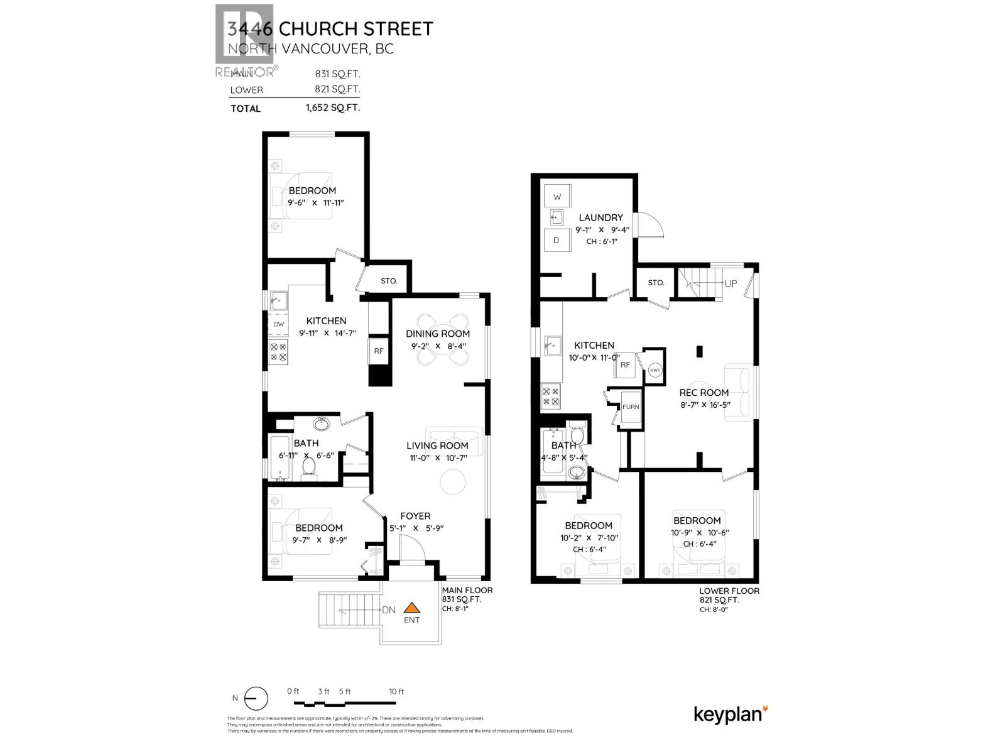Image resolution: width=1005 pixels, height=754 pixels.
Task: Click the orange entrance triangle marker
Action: tap(411, 608)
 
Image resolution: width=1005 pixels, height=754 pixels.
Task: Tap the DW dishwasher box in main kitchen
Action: tap(279, 324)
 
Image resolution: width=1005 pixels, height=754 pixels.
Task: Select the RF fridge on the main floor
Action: tap(379, 351)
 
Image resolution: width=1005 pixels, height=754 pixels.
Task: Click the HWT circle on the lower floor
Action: tap(655, 371)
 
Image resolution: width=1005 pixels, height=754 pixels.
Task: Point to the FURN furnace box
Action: tap(631, 407)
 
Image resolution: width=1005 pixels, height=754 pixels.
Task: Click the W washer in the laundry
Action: tap(557, 197)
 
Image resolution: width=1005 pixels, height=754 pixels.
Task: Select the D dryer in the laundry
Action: tap(557, 240)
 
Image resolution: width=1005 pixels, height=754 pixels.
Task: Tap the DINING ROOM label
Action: tap(437, 334)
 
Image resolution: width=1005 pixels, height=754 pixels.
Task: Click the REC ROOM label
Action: tap(703, 393)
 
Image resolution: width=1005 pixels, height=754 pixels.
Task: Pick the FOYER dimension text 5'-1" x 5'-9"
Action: tap(415, 528)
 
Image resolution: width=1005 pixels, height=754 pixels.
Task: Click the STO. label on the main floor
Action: tap(389, 281)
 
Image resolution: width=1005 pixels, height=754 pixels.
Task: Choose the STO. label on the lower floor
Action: tap(656, 283)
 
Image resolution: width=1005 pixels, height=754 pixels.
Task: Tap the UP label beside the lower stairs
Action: tap(731, 283)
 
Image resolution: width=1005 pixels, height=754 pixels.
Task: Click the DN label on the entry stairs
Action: tap(389, 610)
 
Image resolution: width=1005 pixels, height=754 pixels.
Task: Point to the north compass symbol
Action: tap(256, 698)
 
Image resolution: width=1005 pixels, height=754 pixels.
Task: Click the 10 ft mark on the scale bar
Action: tap(396, 691)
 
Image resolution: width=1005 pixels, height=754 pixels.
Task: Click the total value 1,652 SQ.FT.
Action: tap(332, 108)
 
